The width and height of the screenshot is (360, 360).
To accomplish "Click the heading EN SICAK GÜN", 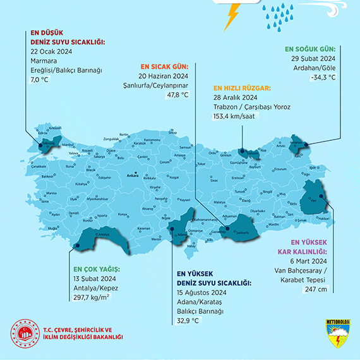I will [164, 66].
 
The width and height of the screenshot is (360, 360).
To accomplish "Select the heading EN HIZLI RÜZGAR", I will [242, 88].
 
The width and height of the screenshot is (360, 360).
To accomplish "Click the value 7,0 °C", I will [39, 80].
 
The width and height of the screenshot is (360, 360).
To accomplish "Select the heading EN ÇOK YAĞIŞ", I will [96, 269].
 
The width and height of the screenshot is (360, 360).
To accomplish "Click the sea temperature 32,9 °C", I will [188, 320].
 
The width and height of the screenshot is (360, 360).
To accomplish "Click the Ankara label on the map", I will [132, 176].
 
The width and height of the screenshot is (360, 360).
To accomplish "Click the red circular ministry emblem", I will [25, 335].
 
